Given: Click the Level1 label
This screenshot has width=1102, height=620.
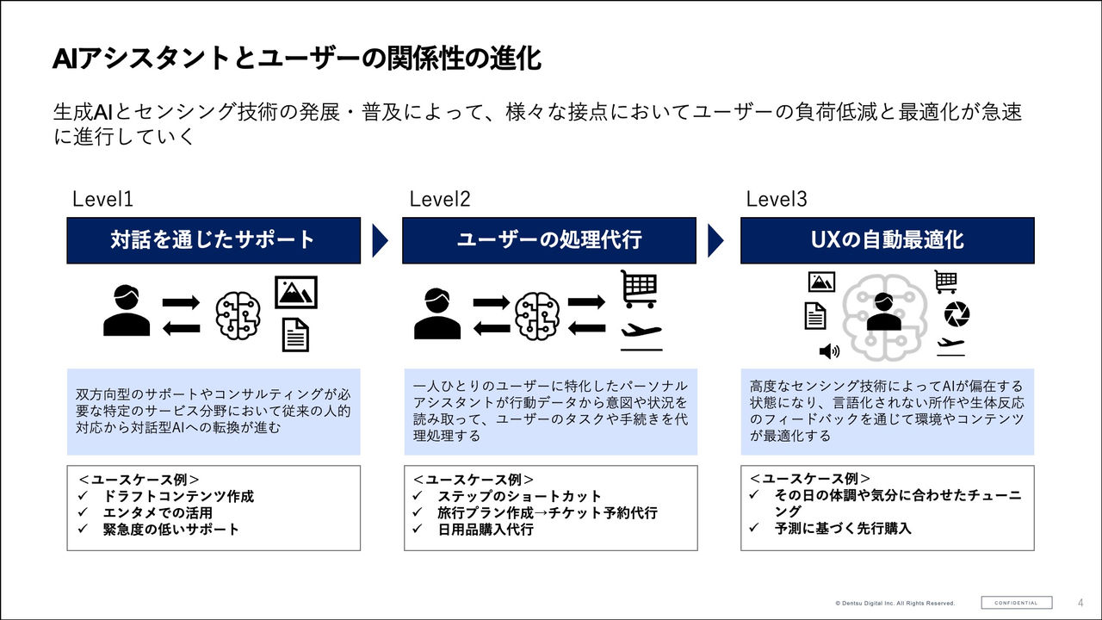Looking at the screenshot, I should pyautogui.click(x=102, y=200).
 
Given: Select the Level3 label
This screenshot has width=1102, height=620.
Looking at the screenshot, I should pyautogui.click(x=777, y=200).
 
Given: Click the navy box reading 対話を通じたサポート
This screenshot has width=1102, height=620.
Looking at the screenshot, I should pyautogui.click(x=214, y=240).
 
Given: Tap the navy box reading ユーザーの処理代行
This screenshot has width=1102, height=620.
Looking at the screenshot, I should pyautogui.click(x=548, y=240).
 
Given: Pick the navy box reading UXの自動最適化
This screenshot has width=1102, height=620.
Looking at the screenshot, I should pyautogui.click(x=887, y=240).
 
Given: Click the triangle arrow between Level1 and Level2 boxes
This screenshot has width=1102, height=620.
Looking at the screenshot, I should pyautogui.click(x=380, y=240).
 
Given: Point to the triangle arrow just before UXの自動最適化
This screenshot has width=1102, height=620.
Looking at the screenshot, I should pyautogui.click(x=716, y=240).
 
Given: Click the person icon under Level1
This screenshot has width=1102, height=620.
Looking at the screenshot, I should pyautogui.click(x=127, y=311).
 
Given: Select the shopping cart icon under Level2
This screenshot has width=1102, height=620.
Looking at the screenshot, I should pyautogui.click(x=639, y=288).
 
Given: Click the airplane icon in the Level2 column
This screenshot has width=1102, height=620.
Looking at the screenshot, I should pyautogui.click(x=641, y=333).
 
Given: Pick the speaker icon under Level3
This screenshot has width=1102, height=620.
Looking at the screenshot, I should pyautogui.click(x=829, y=350).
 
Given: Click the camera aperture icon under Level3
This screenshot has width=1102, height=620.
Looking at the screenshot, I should pyautogui.click(x=956, y=314).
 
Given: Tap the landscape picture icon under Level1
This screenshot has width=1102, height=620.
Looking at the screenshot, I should pyautogui.click(x=296, y=293).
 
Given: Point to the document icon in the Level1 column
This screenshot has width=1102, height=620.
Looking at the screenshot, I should pyautogui.click(x=295, y=335).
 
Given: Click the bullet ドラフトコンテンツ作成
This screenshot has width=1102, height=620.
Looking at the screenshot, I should pyautogui.click(x=179, y=496).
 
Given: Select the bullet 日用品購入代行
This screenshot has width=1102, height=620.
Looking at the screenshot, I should pyautogui.click(x=485, y=529).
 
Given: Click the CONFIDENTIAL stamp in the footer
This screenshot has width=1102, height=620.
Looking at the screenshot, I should pyautogui.click(x=1016, y=603).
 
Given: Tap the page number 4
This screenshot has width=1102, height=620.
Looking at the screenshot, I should pyautogui.click(x=1080, y=603).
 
